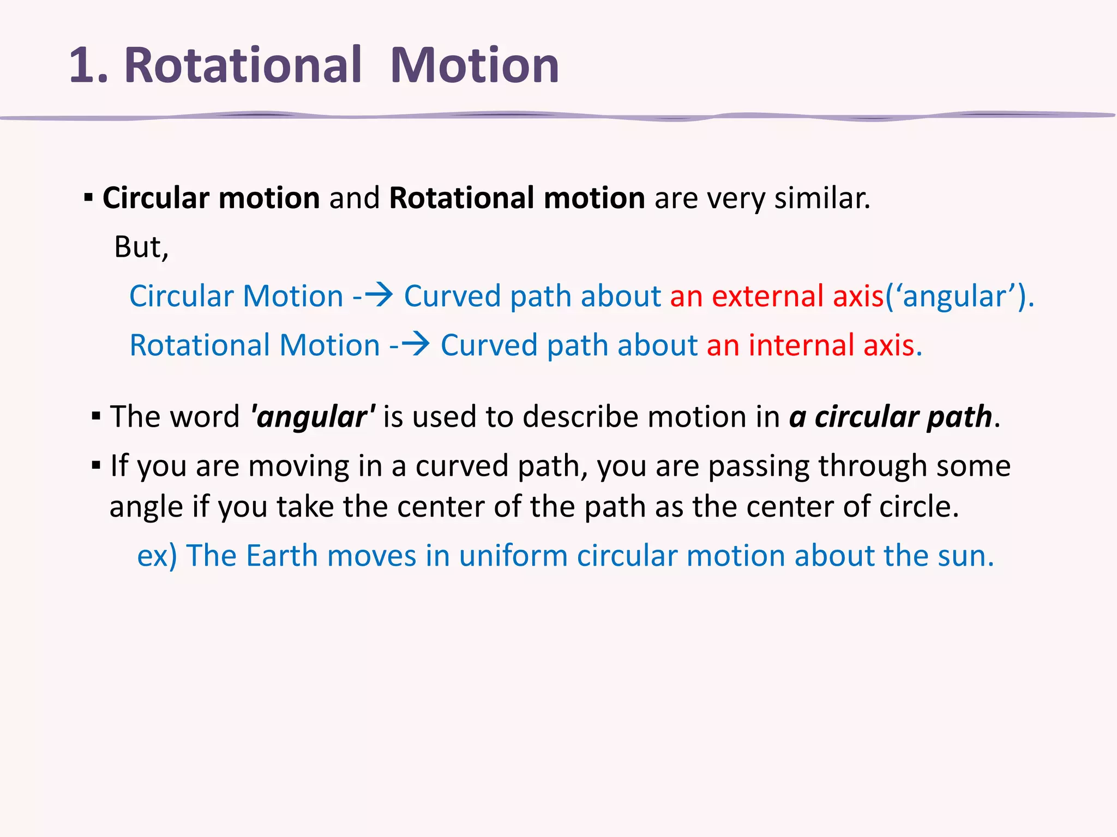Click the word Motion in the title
[475, 66]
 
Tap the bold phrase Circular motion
[211, 198]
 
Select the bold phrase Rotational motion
[517, 198]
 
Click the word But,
[141, 247]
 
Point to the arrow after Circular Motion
[379, 295]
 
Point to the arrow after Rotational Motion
[416, 344]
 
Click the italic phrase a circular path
[890, 417]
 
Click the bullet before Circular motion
[89, 198]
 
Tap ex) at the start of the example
[157, 556]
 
